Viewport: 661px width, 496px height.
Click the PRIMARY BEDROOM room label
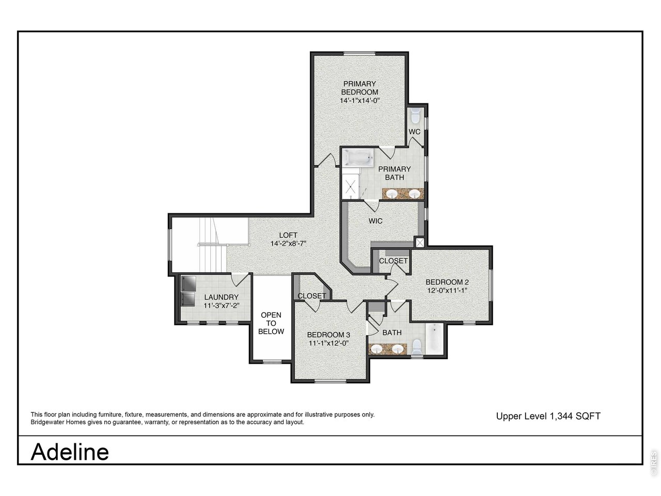click(x=359, y=88)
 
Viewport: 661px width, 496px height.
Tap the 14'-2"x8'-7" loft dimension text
click(x=288, y=243)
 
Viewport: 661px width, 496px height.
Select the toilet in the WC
click(x=415, y=115)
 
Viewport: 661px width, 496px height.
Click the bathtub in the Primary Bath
click(x=358, y=157)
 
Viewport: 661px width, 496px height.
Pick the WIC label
click(x=375, y=221)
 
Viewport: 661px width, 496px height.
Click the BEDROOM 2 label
click(x=447, y=282)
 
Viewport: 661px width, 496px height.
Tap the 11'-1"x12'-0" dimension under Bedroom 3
click(x=328, y=343)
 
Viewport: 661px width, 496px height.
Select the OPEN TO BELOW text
click(x=271, y=323)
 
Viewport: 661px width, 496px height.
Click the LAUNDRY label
click(x=222, y=297)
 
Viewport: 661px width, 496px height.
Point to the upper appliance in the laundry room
click(x=188, y=284)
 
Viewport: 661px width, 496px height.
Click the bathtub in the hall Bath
click(x=434, y=339)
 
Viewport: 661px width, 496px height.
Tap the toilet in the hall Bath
click(x=417, y=347)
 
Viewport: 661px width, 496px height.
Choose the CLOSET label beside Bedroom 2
click(x=394, y=261)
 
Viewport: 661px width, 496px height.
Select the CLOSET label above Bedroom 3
click(x=312, y=296)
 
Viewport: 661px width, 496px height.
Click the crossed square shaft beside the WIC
click(x=419, y=242)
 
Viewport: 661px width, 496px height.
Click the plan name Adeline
click(x=70, y=452)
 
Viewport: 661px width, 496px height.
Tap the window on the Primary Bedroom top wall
click(x=359, y=54)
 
